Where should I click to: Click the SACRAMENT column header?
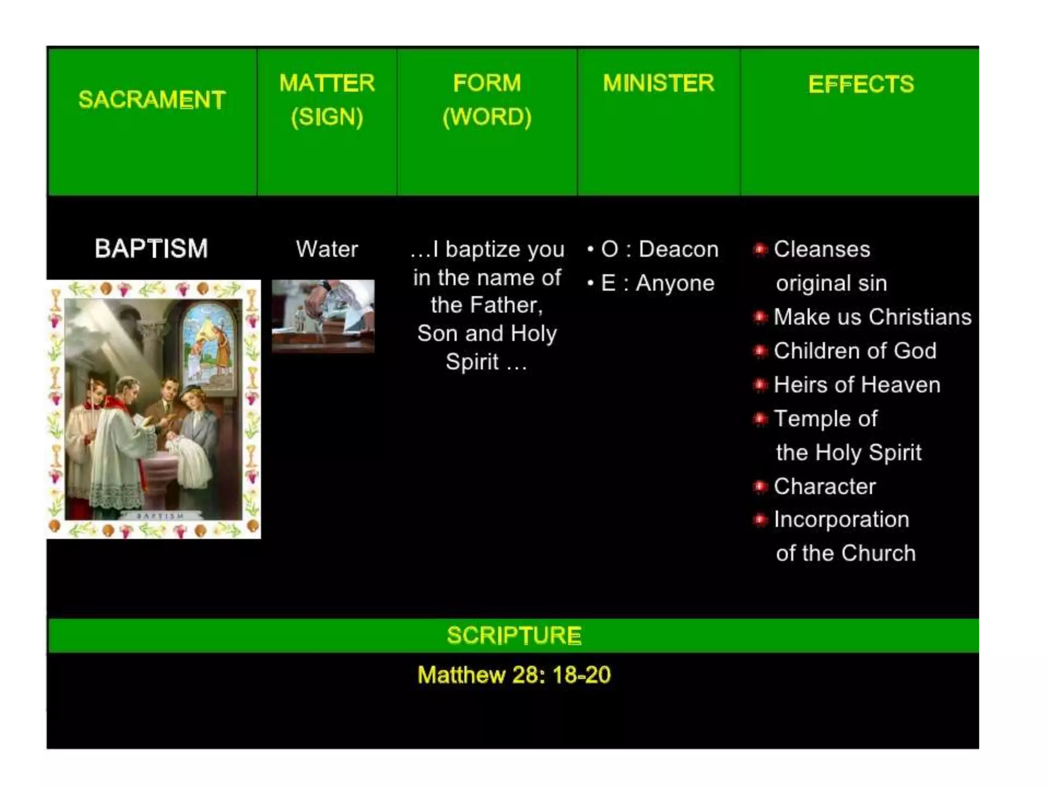(x=152, y=99)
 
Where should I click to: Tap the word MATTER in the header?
(x=327, y=83)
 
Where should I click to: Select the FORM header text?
(x=487, y=83)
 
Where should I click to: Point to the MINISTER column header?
(x=658, y=83)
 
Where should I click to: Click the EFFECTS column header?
(x=861, y=84)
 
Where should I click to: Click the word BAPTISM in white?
(x=152, y=248)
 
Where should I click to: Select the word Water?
(x=327, y=249)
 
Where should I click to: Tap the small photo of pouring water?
(x=323, y=316)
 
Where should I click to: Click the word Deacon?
(x=678, y=249)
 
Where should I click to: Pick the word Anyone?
(x=675, y=283)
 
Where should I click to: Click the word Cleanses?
(x=822, y=249)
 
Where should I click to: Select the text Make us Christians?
(x=872, y=317)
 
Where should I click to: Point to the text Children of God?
(x=855, y=351)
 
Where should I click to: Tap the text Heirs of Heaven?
(x=857, y=385)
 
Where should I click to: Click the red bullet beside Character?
(x=760, y=486)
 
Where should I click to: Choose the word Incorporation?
(x=841, y=520)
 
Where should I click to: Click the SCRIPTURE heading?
(x=514, y=635)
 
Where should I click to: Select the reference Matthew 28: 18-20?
(x=514, y=675)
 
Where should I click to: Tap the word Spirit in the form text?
(x=472, y=362)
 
